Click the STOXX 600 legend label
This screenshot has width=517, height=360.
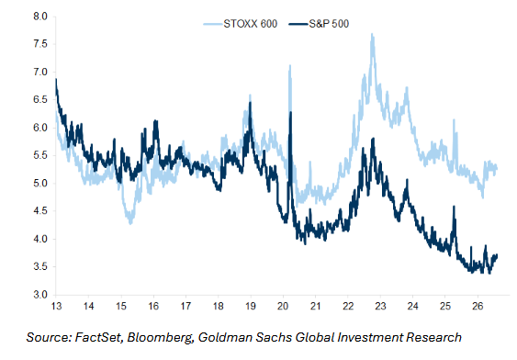click(x=251, y=24)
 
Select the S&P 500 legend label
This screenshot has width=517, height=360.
click(x=329, y=24)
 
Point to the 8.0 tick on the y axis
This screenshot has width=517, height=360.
click(x=40, y=17)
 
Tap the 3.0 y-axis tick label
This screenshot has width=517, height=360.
click(x=40, y=295)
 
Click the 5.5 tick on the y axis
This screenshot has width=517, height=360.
click(x=40, y=155)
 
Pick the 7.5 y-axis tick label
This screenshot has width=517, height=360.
click(x=40, y=44)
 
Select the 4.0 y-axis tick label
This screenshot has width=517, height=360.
click(x=40, y=239)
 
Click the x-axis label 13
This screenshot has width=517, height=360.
click(x=56, y=306)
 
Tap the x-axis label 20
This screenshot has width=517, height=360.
click(x=283, y=306)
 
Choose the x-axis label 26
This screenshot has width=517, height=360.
click(x=478, y=306)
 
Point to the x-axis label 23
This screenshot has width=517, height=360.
click(x=380, y=306)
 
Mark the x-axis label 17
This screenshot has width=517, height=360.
click(x=185, y=306)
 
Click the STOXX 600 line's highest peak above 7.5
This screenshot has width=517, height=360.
click(x=372, y=34)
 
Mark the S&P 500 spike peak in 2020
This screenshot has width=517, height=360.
click(x=290, y=112)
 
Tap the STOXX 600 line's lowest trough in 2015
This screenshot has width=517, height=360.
click(x=130, y=224)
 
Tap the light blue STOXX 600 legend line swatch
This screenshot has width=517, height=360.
click(x=212, y=24)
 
